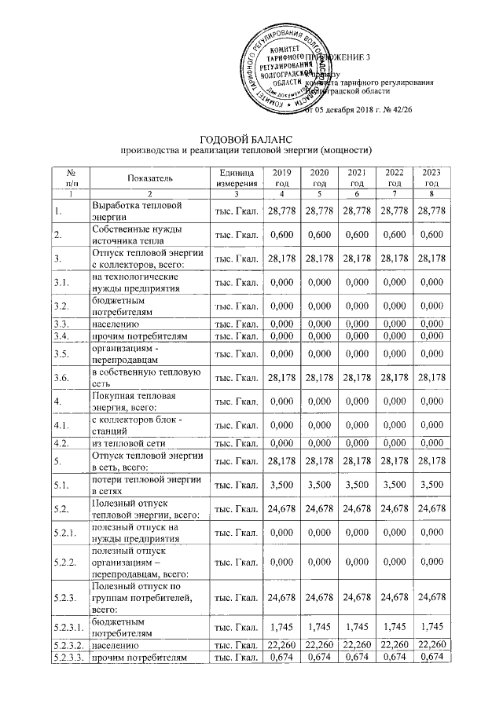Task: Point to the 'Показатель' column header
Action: click(x=146, y=178)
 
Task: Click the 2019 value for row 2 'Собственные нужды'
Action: click(x=281, y=233)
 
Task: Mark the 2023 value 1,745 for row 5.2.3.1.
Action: click(x=431, y=625)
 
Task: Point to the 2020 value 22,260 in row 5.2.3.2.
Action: click(x=318, y=645)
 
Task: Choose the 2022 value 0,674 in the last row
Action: click(x=394, y=657)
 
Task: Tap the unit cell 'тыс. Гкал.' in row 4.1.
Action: click(x=237, y=426)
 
